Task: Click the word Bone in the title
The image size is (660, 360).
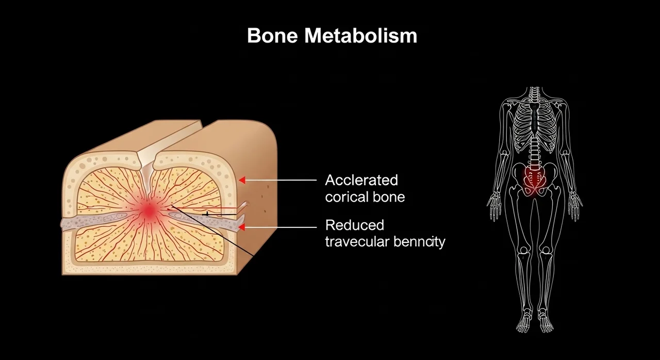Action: pyautogui.click(x=272, y=36)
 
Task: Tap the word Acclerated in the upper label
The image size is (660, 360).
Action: pyautogui.click(x=361, y=180)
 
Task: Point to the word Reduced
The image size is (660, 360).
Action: pyautogui.click(x=355, y=225)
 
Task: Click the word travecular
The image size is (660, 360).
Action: pyautogui.click(x=357, y=242)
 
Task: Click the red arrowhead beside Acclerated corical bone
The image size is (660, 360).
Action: pyautogui.click(x=242, y=180)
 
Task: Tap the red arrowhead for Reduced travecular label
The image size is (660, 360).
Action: pyautogui.click(x=242, y=227)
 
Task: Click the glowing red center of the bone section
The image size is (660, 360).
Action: pyautogui.click(x=150, y=210)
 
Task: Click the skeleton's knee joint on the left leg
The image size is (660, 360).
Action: pyautogui.click(x=523, y=251)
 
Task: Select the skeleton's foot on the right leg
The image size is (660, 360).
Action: pyautogui.click(x=546, y=323)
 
